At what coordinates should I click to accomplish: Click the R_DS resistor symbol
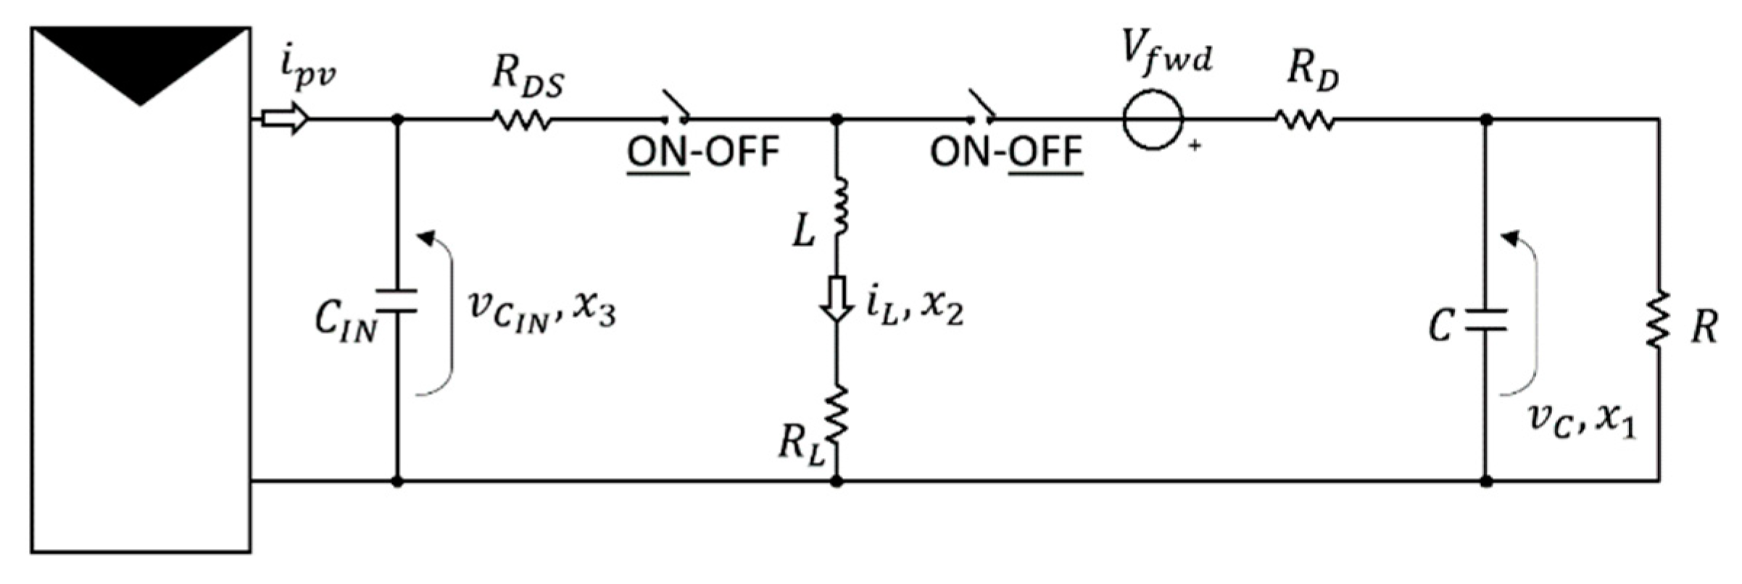522,120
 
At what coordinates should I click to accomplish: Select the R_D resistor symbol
1305,120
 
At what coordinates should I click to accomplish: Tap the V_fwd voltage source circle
1153,120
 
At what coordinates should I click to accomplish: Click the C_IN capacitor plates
397,301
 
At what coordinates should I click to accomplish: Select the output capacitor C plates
1485,321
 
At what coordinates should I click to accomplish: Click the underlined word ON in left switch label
657,153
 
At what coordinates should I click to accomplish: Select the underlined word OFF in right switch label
1045,153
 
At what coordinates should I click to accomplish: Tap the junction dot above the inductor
837,120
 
